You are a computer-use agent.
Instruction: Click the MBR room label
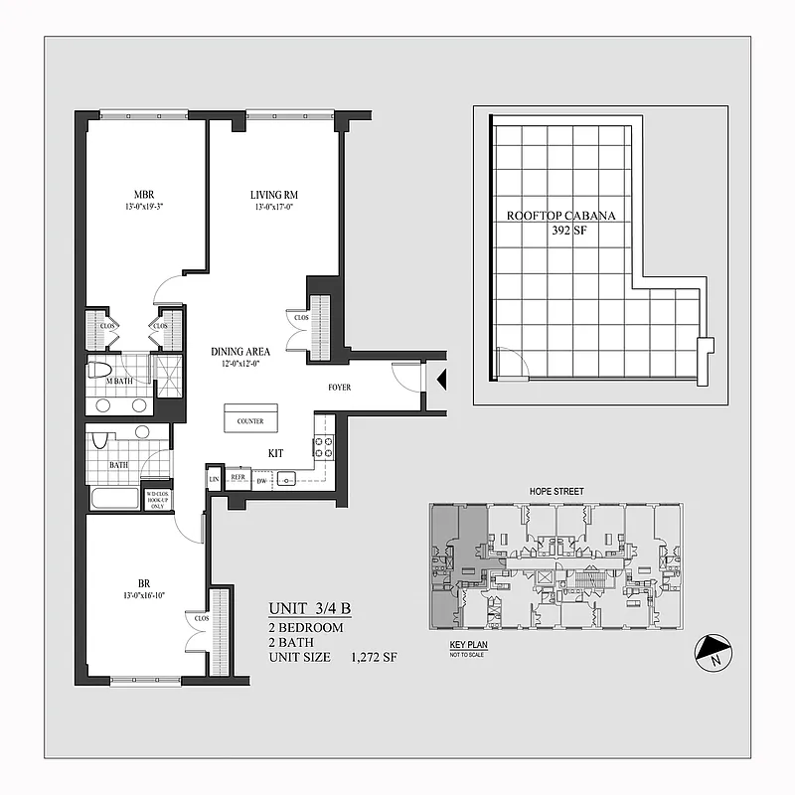[144, 194]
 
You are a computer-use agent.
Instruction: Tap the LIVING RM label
[274, 194]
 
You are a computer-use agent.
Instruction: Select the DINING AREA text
[240, 352]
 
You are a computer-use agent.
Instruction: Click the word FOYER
[341, 388]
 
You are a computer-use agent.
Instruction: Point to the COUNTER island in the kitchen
[250, 421]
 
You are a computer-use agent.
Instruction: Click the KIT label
[276, 453]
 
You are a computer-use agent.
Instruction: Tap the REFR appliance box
[238, 477]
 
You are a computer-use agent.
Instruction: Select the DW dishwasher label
[261, 482]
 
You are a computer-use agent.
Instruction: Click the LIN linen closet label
[215, 481]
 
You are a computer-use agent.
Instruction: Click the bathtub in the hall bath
[114, 498]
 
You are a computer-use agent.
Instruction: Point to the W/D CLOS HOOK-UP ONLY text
[157, 499]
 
